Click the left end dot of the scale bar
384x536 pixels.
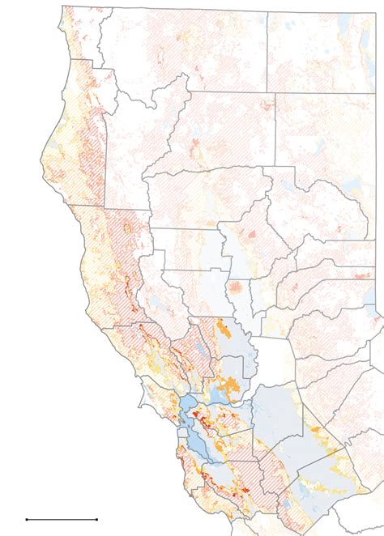[27, 518]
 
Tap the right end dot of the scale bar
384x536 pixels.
[97, 518]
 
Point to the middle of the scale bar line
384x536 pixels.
[62, 518]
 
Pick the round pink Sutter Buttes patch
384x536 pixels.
[236, 287]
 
